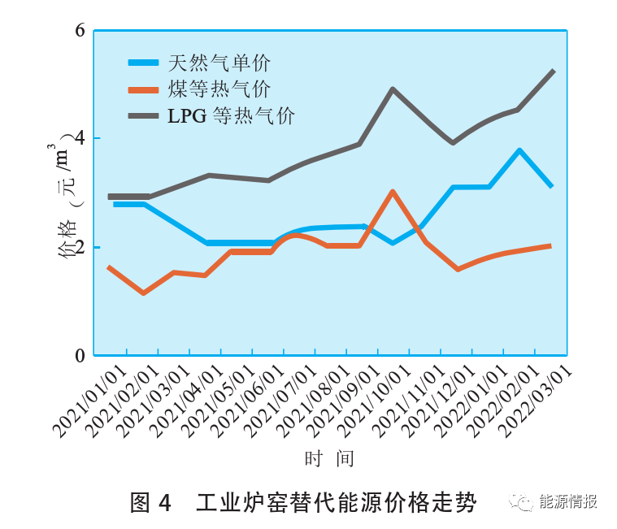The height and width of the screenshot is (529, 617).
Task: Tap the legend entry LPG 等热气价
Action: pyautogui.click(x=231, y=116)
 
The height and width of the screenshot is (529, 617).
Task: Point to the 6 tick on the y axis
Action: pyautogui.click(x=80, y=31)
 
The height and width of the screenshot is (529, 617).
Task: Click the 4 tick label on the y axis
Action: pyautogui.click(x=80, y=139)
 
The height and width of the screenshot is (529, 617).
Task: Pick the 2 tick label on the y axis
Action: pyautogui.click(x=80, y=247)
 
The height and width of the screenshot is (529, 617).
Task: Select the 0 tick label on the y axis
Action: pyautogui.click(x=80, y=355)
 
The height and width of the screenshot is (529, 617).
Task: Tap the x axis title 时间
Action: pyautogui.click(x=329, y=459)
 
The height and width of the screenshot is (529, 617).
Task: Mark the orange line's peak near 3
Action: pyautogui.click(x=393, y=192)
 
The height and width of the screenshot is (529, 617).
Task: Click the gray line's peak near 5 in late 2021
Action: pyautogui.click(x=393, y=89)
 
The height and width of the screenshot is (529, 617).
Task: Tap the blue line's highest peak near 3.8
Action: pyautogui.click(x=519, y=150)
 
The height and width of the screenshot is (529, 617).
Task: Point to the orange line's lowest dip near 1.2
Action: pyautogui.click(x=143, y=293)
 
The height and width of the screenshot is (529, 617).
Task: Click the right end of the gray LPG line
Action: pyautogui.click(x=554, y=71)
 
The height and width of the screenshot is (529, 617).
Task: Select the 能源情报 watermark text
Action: pyautogui.click(x=568, y=501)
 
